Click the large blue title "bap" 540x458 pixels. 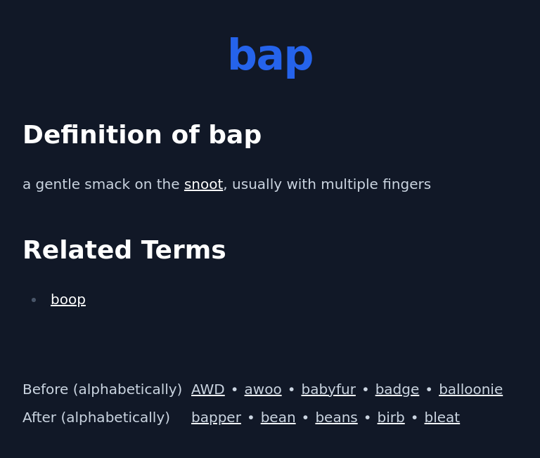[270, 56]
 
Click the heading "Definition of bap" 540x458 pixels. [142, 135]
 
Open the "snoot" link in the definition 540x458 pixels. [203, 185]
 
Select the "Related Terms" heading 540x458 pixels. [124, 250]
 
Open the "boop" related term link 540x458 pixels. [68, 300]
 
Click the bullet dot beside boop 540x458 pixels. [34, 301]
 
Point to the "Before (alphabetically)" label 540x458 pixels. [102, 390]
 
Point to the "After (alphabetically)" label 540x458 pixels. [96, 418]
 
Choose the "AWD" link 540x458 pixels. [207, 390]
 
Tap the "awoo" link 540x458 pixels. [263, 390]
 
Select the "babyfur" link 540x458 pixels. [328, 390]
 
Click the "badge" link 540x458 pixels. [397, 390]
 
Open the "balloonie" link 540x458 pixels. [470, 390]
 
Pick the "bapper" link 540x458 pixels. [216, 418]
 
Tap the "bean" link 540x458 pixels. [278, 418]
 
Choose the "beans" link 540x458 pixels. [336, 418]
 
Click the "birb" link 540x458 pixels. [391, 418]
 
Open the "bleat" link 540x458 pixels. [442, 418]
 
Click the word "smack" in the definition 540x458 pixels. [106, 185]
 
